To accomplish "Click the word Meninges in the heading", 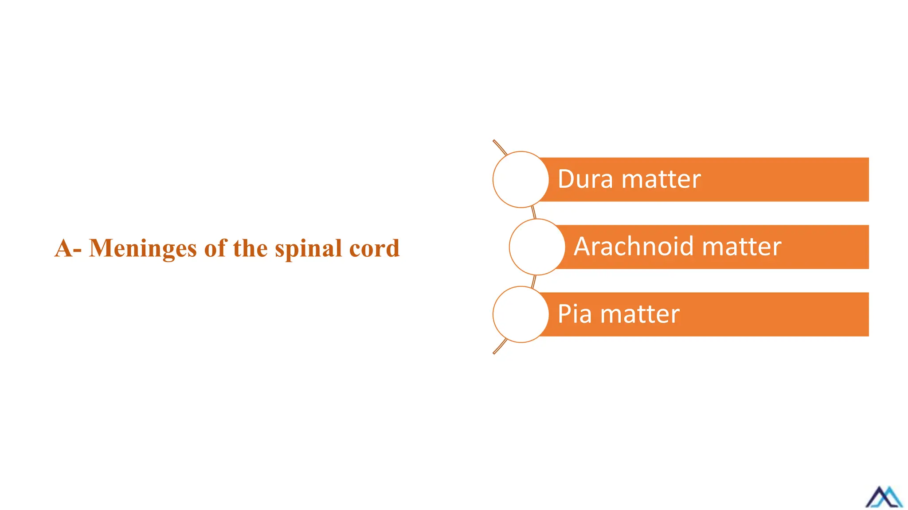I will coord(143,248).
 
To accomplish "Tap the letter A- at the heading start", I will coord(68,248).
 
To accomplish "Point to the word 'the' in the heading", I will coord(250,248).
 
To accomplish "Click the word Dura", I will coord(585,179).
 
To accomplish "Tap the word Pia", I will coord(575,314).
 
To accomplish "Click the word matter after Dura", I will coord(661,179).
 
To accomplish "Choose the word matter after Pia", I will coord(640,314).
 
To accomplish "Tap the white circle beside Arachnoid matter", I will coord(537,247).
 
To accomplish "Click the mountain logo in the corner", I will coord(884,497).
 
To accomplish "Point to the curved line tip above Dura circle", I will coord(494,142).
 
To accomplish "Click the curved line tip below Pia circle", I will coord(495,352).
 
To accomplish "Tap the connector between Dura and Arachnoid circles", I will coord(534,212).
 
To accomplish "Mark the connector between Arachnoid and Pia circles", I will coord(534,281).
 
